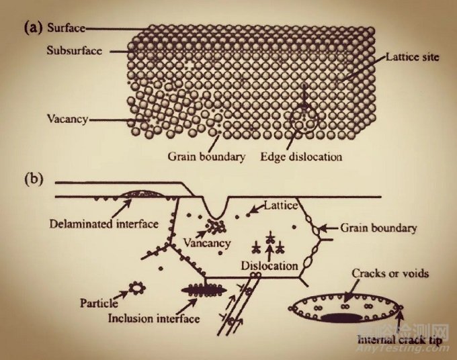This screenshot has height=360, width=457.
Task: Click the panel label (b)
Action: pyautogui.click(x=33, y=180)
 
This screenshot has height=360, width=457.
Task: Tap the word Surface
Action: pyautogui.click(x=66, y=28)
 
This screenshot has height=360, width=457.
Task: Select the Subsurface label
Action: pyautogui.click(x=75, y=50)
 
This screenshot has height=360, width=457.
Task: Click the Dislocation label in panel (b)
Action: pyautogui.click(x=269, y=266)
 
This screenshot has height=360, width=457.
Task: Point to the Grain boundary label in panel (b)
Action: pyautogui.click(x=378, y=227)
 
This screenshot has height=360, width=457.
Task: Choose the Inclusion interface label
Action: pyautogui.click(x=154, y=318)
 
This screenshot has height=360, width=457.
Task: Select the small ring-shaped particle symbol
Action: pyautogui.click(x=138, y=289)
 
